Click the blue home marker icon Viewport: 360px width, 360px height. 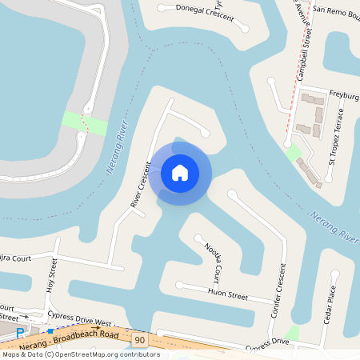pos(180,173)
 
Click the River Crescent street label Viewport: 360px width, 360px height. pos(141,185)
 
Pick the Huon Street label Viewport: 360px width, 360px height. pos(228,294)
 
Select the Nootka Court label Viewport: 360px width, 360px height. pos(213,260)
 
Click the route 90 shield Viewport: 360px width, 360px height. pos(140,341)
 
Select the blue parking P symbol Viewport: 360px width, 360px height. pos(20,331)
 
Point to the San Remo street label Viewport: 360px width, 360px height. pos(336,12)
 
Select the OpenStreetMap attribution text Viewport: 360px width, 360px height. pos(80,354)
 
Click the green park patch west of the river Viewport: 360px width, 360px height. pos(85,124)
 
